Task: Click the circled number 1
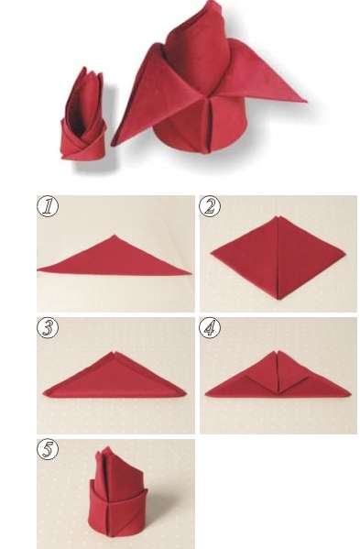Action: (x=48, y=206)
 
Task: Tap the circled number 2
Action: (x=210, y=206)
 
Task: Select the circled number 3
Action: (x=48, y=328)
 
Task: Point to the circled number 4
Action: (x=210, y=328)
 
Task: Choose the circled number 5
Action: (x=48, y=449)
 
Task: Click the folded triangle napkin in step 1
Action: (x=114, y=259)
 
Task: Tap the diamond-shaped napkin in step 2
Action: (x=278, y=258)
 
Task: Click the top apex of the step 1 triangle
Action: (x=114, y=236)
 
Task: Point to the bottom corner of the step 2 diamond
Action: (x=278, y=300)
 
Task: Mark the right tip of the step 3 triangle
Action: (x=186, y=394)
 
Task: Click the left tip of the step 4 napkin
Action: (x=206, y=395)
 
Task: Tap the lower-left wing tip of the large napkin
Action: (x=113, y=145)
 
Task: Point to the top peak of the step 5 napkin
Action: (x=107, y=447)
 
